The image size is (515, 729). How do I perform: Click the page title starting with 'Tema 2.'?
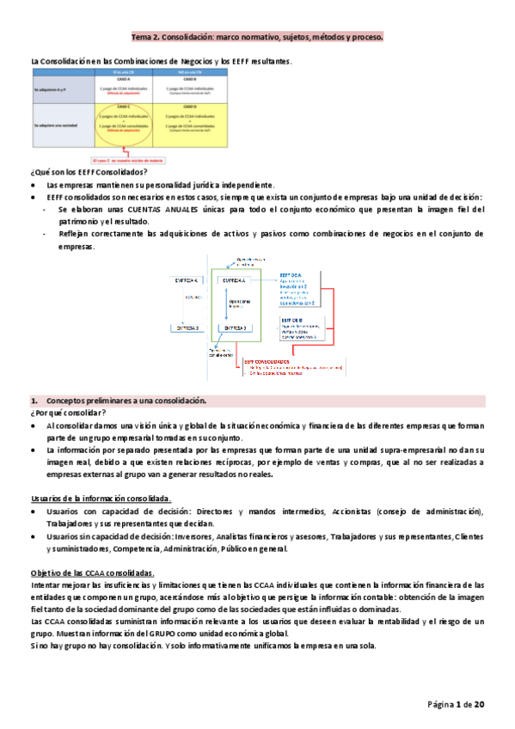point(257,39)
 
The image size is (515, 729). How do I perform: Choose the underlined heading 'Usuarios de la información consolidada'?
point(100,499)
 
